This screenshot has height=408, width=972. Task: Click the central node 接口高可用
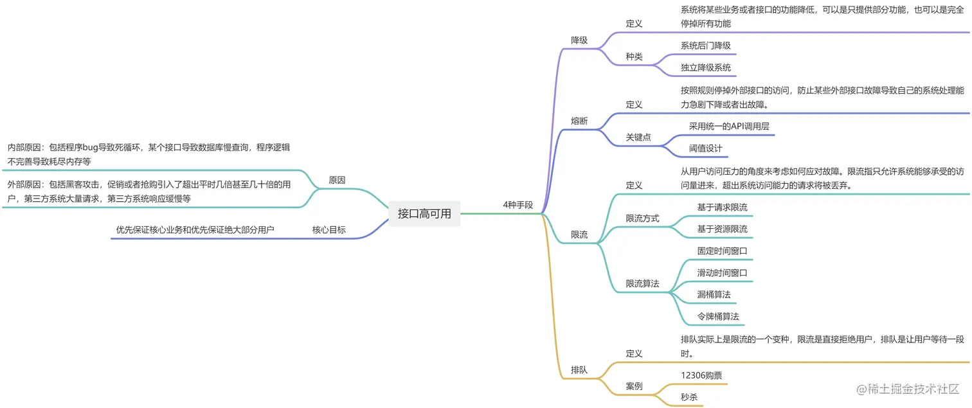(x=424, y=214)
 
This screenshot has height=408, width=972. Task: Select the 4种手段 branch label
(x=517, y=205)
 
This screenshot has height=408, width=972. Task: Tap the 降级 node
(x=579, y=40)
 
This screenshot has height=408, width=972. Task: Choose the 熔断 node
(x=579, y=121)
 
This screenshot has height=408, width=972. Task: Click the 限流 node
(x=579, y=235)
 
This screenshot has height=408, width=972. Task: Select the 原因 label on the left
(x=337, y=180)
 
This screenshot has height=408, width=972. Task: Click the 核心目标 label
(x=329, y=229)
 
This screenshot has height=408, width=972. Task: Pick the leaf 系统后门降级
(x=705, y=46)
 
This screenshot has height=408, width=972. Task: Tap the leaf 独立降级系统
(x=705, y=67)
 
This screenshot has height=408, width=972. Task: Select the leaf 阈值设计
(x=705, y=148)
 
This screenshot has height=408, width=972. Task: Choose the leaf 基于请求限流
(x=722, y=208)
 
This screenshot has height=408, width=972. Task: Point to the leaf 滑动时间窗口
(x=722, y=272)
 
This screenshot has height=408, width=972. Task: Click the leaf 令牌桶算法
(x=718, y=316)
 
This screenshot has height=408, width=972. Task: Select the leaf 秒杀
(x=689, y=397)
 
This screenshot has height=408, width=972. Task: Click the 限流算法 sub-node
(x=643, y=283)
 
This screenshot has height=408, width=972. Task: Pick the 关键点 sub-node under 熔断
(x=638, y=137)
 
